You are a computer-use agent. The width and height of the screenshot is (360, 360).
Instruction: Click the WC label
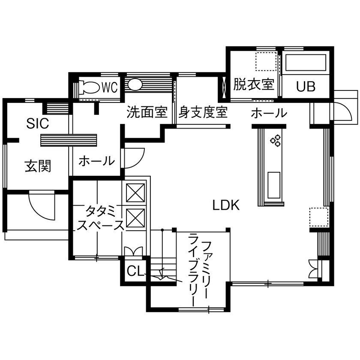109,87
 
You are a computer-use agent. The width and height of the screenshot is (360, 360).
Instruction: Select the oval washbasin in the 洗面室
135,85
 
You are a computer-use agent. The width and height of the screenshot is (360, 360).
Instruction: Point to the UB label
306,87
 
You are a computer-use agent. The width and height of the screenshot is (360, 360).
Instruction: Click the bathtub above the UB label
306,63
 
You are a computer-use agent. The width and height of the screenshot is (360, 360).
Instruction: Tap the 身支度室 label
203,113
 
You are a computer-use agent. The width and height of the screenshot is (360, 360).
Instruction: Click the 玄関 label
37,166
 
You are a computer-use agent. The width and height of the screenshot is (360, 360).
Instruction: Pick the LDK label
226,205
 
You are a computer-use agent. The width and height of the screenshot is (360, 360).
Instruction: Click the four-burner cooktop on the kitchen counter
275,141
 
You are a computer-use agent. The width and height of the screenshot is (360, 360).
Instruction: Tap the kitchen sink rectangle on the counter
274,185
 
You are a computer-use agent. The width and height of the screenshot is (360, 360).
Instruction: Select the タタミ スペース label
100,219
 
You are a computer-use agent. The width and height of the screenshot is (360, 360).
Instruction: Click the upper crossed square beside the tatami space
136,193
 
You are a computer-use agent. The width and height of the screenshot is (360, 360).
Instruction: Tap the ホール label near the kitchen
268,114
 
